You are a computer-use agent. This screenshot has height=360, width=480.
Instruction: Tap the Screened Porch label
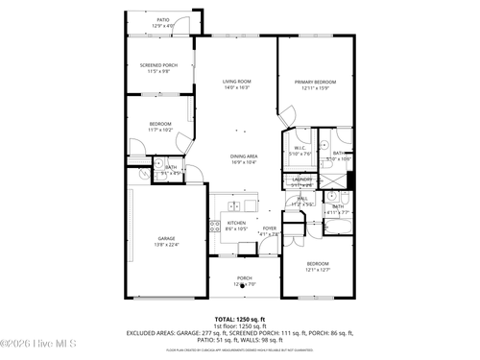[x=159, y=65]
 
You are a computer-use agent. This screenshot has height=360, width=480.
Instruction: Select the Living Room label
[x=237, y=82]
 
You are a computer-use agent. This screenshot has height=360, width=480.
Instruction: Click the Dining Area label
[x=243, y=156]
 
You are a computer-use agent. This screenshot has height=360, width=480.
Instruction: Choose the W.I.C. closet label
[x=300, y=147]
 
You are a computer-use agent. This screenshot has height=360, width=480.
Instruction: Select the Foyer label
[x=269, y=228]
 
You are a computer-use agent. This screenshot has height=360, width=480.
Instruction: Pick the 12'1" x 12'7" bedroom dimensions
[x=317, y=270]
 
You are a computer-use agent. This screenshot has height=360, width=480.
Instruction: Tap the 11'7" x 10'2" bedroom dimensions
[x=160, y=130]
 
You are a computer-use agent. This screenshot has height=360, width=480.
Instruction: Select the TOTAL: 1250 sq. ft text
[x=240, y=318]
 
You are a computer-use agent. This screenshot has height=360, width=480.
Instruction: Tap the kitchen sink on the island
[x=234, y=205]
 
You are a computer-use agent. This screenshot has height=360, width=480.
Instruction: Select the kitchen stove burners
[x=214, y=228]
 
